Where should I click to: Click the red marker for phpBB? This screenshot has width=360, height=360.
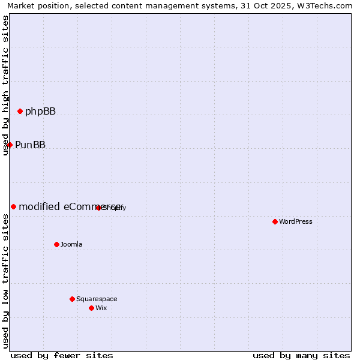[x=20, y=111]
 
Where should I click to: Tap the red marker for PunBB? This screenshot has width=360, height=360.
[x=10, y=145]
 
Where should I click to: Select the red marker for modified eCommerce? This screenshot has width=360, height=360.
[x=13, y=206]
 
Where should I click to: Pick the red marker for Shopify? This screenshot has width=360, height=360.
[x=98, y=208]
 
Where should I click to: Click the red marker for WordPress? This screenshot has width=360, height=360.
[x=275, y=221]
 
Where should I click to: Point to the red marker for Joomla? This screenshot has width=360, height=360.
[x=56, y=244]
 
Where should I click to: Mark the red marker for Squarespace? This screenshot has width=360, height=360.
[x=72, y=299]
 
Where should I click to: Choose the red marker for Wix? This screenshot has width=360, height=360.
[x=91, y=308]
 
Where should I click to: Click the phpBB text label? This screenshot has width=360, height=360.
[x=40, y=111]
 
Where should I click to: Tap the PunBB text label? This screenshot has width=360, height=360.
[x=30, y=145]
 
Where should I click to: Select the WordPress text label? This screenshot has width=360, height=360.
[x=296, y=221]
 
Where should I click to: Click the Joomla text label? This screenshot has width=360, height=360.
[x=71, y=244]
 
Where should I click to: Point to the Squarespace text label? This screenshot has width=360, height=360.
[x=97, y=299]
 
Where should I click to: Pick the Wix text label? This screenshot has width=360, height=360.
[x=101, y=308]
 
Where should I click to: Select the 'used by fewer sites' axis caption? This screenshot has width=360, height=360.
[x=62, y=355]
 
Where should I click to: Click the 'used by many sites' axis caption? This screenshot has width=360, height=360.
[x=301, y=355]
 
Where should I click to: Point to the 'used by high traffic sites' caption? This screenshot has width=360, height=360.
[x=6, y=85]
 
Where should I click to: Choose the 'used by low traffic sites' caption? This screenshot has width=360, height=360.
[x=6, y=280]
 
